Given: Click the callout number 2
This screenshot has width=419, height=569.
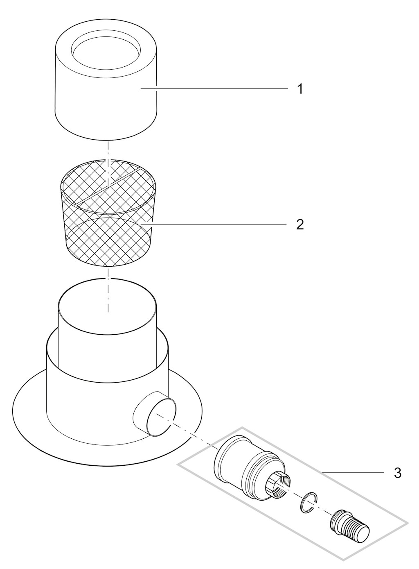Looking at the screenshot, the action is click(x=300, y=224).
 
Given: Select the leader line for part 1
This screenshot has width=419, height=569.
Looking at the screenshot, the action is click(x=215, y=88).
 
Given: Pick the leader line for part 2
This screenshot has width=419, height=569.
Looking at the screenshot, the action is click(x=215, y=224).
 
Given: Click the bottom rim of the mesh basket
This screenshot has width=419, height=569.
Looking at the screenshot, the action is click(x=108, y=258).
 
